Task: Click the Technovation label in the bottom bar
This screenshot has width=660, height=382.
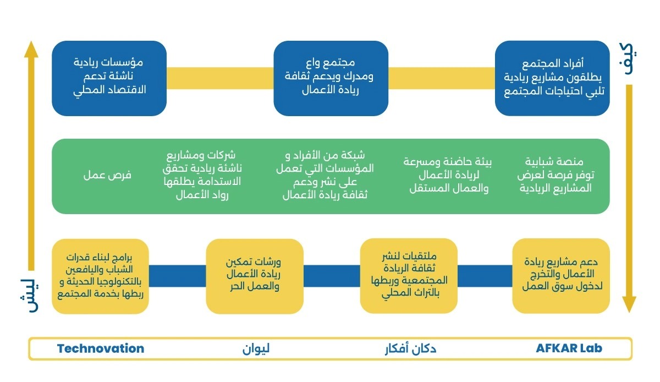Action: tap(101, 348)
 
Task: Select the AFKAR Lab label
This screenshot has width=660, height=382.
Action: tap(569, 348)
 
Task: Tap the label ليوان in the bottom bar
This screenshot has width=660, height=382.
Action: tap(256, 348)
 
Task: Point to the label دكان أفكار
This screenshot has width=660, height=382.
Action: tap(410, 348)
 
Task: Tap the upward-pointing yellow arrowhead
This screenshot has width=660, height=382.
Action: tap(31, 50)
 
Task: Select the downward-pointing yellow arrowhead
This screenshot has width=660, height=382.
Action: tap(629, 304)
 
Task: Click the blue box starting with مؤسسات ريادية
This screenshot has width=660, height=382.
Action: tap(109, 78)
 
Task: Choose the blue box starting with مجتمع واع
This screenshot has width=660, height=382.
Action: tap(331, 78)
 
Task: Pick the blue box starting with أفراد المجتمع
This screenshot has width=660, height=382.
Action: tap(552, 78)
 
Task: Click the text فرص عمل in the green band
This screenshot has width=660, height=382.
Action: tap(108, 176)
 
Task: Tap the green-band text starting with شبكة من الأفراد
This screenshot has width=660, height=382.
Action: tap(328, 175)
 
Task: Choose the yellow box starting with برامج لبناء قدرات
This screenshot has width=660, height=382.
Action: tap(100, 276)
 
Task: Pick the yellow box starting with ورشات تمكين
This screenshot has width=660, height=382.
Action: tap(255, 276)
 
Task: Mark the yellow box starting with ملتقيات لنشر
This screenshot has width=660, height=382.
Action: tap(409, 276)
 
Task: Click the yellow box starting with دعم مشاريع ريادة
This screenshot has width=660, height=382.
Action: tap(561, 276)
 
